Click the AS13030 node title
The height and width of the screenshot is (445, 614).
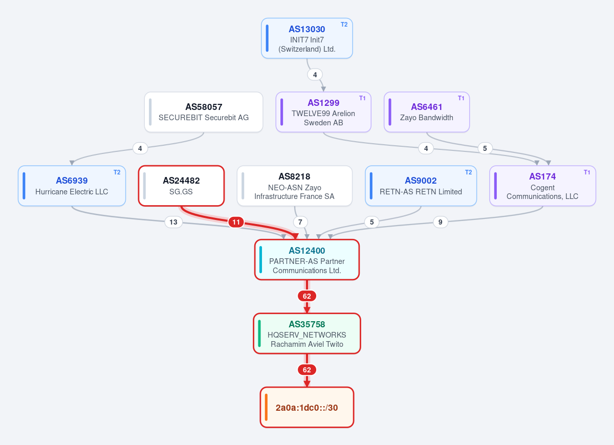(306, 29)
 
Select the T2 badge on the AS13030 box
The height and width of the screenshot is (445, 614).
(344, 25)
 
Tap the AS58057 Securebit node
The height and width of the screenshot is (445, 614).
(204, 112)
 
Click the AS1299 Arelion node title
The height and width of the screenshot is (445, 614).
(323, 103)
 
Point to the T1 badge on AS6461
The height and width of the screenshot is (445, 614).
(461, 98)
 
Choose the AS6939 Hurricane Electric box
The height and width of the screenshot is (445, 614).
(72, 186)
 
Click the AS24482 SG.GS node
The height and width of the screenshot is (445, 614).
(181, 186)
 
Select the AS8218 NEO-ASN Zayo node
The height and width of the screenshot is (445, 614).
(294, 186)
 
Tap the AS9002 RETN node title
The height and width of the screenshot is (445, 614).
(421, 181)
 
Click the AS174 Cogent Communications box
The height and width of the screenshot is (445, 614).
(542, 186)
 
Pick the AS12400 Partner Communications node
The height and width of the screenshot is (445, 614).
(306, 260)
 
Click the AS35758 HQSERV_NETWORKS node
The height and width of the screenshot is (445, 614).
(306, 333)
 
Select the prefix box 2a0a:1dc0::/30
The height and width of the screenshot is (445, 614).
(306, 407)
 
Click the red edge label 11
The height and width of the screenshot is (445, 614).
(236, 222)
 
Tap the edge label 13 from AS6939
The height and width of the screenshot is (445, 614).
(173, 222)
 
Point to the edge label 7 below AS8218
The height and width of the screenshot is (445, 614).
(300, 222)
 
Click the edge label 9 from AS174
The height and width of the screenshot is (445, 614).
(440, 222)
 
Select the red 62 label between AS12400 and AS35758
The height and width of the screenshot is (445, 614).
(306, 296)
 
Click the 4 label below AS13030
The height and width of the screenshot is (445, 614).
(315, 75)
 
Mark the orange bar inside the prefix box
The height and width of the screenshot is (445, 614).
(266, 407)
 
